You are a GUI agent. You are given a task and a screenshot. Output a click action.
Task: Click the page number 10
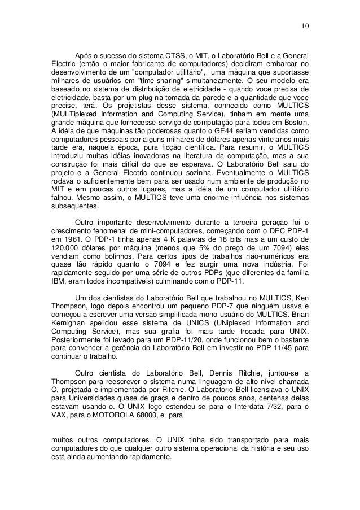click(x=305, y=25)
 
